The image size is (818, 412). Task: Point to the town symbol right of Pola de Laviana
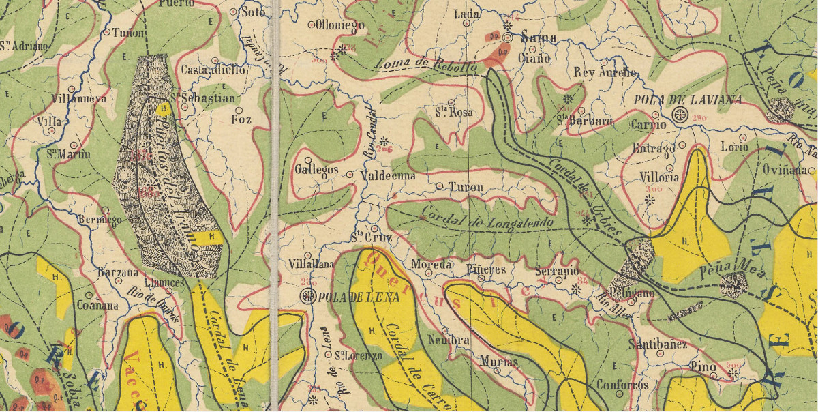click(680, 115)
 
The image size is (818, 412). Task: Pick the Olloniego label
click(341, 25)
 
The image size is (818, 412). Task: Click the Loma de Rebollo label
click(425, 65)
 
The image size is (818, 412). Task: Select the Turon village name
click(466, 186)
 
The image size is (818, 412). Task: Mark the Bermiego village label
click(100, 220)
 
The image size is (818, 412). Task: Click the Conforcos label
click(622, 384)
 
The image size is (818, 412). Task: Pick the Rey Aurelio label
click(605, 73)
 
